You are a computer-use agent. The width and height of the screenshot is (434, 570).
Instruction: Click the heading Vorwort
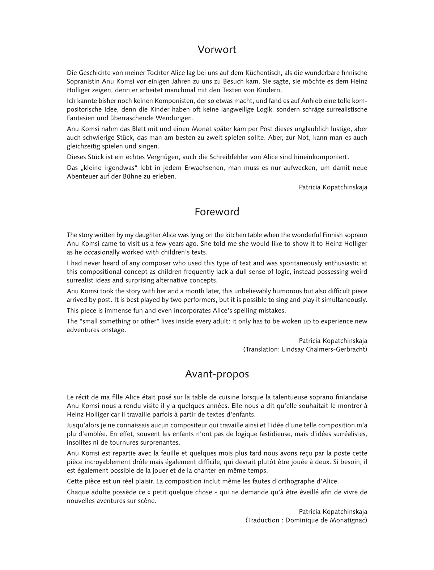[x=217, y=50]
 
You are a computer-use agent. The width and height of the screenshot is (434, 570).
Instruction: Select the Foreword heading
[x=217, y=212]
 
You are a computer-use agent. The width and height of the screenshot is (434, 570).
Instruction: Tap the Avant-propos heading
[x=217, y=374]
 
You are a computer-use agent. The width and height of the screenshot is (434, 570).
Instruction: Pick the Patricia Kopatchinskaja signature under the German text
[x=333, y=187]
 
